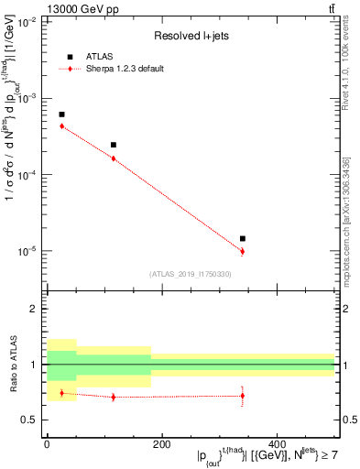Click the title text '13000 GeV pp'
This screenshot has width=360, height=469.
[38, 8]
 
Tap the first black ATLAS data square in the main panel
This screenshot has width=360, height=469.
[61, 115]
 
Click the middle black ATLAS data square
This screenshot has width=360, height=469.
[114, 145]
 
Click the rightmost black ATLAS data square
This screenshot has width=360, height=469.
[243, 238]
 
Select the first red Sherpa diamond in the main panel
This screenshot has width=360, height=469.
[61, 125]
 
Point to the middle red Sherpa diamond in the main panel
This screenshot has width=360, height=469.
[114, 158]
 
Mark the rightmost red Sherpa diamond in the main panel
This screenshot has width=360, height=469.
[243, 251]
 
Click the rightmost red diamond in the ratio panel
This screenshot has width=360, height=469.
[243, 396]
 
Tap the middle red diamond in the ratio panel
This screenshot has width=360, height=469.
[114, 397]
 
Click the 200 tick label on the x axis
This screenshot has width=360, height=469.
[161, 443]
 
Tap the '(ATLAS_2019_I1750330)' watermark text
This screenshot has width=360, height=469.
[191, 274]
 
